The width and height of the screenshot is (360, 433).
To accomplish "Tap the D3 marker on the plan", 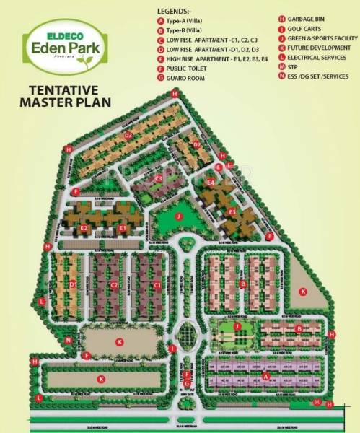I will coord(128,136).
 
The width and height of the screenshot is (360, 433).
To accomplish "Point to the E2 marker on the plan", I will coord(84,229).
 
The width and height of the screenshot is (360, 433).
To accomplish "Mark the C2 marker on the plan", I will coord(114,286).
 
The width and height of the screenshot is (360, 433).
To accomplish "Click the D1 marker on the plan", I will coord(73,284).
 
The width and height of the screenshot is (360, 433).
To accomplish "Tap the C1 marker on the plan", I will coord(157,286).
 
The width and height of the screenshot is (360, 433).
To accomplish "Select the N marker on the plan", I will coord(68,340).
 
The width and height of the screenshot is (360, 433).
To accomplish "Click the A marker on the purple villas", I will coord(266,376).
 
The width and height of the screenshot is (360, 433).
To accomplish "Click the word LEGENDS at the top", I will coord(173,10).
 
